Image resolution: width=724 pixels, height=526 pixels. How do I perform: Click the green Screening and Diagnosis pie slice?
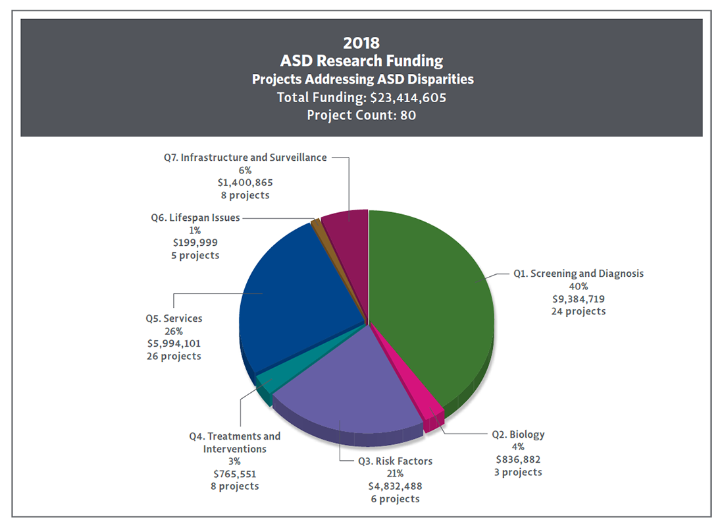[434, 297]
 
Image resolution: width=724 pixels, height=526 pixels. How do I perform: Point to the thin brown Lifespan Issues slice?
[317, 223]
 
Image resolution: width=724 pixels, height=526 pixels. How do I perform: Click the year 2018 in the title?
[361, 43]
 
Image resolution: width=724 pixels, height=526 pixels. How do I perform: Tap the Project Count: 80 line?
[361, 115]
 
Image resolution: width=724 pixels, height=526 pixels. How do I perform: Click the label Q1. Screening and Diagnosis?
[579, 274]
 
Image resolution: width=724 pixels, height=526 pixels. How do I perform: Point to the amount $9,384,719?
[579, 299]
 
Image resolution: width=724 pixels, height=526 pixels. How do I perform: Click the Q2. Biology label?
[518, 434]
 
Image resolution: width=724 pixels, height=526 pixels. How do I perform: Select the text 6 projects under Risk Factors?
[395, 499]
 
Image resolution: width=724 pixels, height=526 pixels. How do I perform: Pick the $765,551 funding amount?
[235, 474]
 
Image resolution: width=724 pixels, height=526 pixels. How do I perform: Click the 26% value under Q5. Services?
[174, 331]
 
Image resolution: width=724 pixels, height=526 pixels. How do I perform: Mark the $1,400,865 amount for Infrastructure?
[245, 183]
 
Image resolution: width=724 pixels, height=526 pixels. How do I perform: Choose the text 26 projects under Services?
[174, 356]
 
